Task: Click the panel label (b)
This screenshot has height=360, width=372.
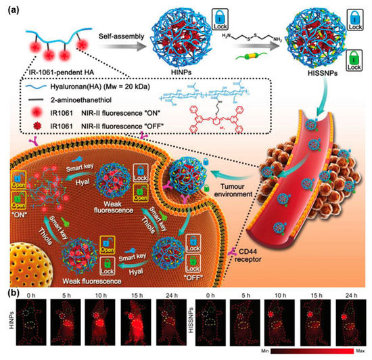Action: point(11,294)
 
